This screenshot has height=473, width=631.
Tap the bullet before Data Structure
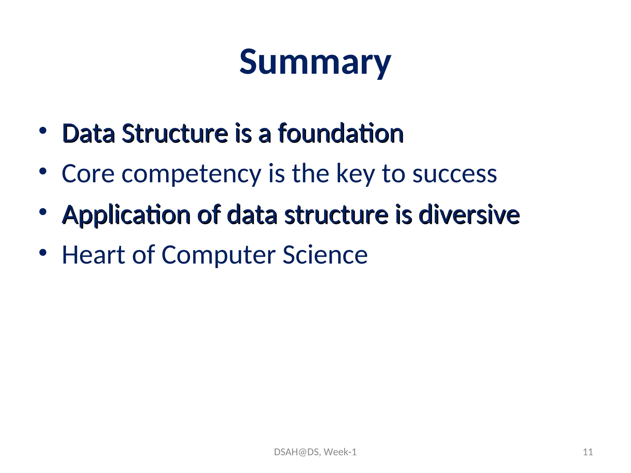click(x=43, y=130)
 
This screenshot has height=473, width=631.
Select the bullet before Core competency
click(x=43, y=171)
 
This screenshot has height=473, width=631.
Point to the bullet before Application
click(x=43, y=212)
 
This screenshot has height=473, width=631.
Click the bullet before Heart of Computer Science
click(x=43, y=253)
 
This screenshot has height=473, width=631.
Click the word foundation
click(x=341, y=134)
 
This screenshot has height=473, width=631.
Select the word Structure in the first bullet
click(x=175, y=134)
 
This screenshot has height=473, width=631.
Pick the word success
click(x=454, y=174)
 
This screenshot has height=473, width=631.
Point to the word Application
click(x=126, y=215)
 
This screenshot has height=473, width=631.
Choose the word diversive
click(x=469, y=215)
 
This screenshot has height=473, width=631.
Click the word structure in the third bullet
click(x=336, y=215)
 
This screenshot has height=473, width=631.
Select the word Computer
click(x=218, y=256)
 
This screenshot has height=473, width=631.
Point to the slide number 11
click(x=588, y=452)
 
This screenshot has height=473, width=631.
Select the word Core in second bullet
click(x=88, y=174)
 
